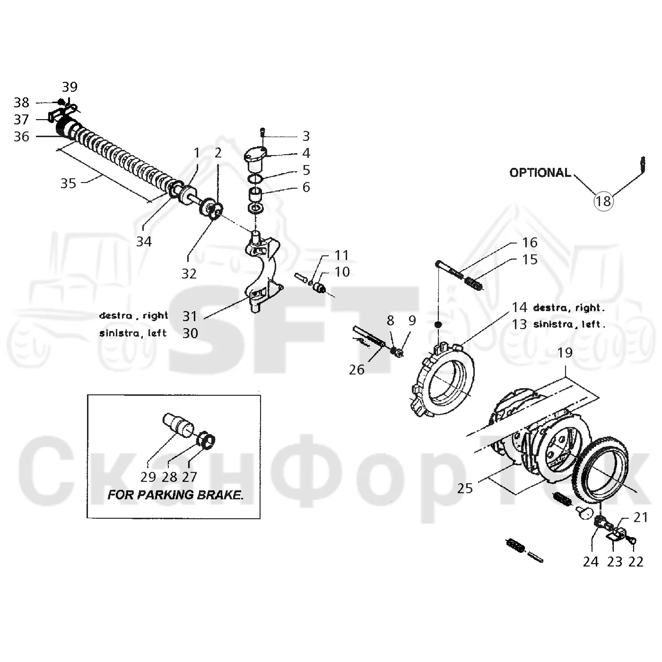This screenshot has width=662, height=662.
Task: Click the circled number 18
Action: point(603,201)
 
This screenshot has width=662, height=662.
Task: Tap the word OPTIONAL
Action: point(540,173)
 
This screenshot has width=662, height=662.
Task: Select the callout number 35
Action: point(68,183)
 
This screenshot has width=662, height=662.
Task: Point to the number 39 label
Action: point(70,87)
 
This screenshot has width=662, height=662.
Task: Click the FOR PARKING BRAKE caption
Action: point(175,495)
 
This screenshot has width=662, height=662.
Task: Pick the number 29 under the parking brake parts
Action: point(148,477)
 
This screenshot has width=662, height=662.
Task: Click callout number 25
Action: point(465,488)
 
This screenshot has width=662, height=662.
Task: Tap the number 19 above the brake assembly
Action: point(565,352)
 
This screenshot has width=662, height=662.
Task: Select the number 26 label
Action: point(357,370)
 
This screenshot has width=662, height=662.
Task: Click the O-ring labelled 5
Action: point(256,178)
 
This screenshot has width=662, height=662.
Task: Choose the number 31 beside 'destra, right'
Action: point(190,316)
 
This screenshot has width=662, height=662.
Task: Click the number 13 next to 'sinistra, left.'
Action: point(519,324)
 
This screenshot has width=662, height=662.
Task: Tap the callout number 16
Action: point(530,243)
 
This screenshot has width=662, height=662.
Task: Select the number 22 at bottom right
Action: point(636,562)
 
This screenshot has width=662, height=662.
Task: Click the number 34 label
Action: point(144,242)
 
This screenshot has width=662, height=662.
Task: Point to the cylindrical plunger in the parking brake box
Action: point(178,425)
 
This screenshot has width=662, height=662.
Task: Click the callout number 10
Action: point(342,272)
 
